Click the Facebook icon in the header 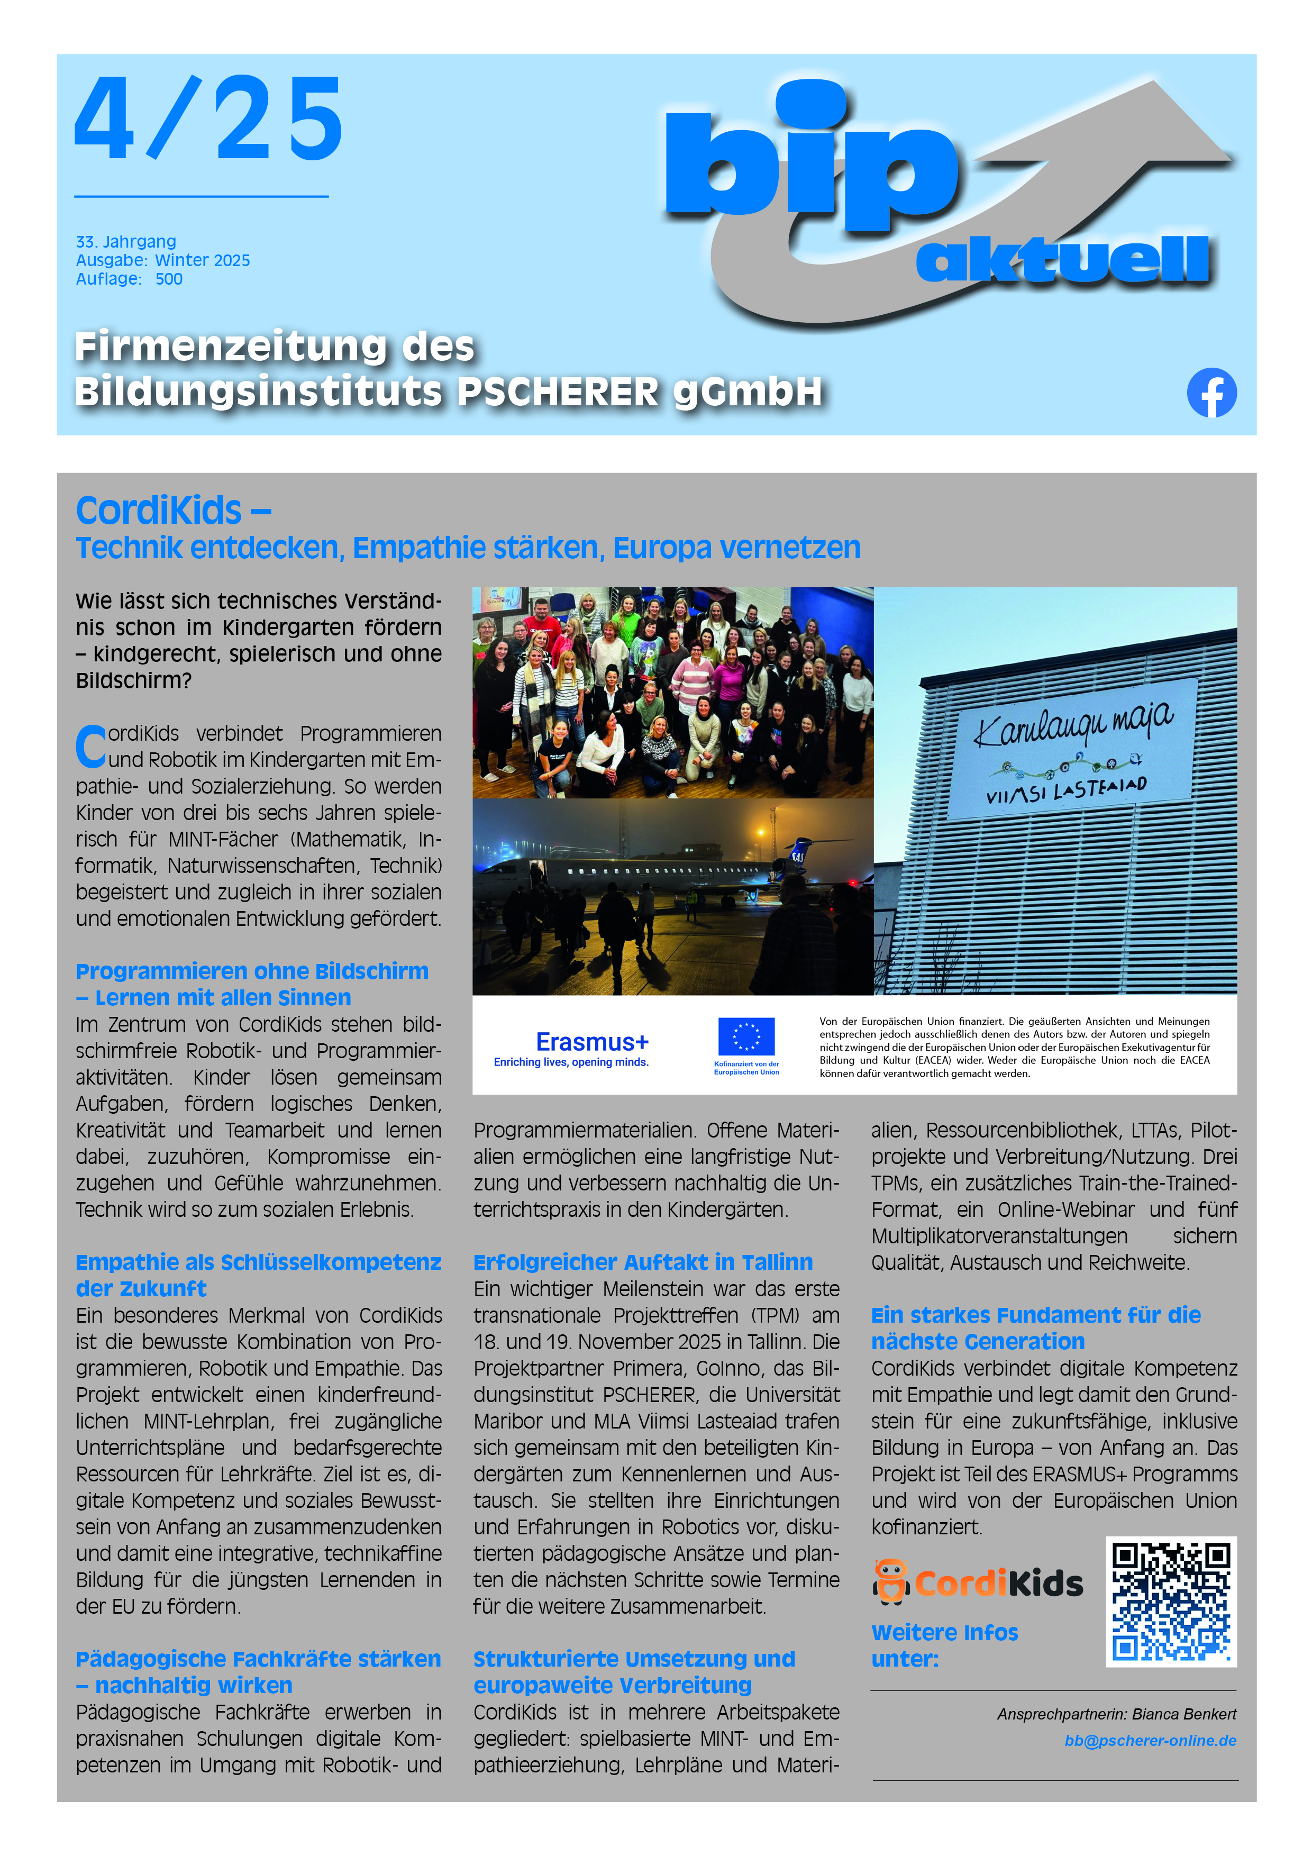[1211, 393]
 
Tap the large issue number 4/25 [208, 120]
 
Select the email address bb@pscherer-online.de [1150, 1741]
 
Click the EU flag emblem [745, 1037]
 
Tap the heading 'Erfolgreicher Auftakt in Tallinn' [643, 1262]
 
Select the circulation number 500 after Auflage [169, 279]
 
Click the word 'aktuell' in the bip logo [1062, 260]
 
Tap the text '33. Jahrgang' [125, 242]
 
